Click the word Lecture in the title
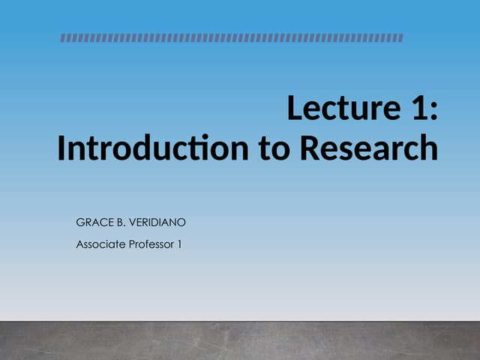(x=341, y=109)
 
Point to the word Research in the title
(x=369, y=148)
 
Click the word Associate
(x=100, y=244)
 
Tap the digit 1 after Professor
(x=180, y=244)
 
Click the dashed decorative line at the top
(x=232, y=37)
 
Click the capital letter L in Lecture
(x=294, y=109)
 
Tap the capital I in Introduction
(x=61, y=148)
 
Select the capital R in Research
(x=310, y=148)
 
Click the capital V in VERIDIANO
(x=135, y=223)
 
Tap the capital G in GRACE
(x=80, y=223)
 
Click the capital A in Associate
(x=79, y=244)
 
